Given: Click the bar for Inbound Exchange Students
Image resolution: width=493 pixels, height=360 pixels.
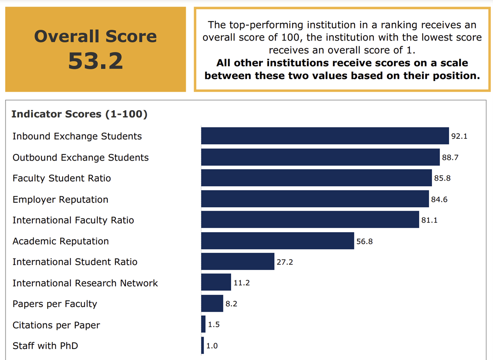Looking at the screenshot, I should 325,136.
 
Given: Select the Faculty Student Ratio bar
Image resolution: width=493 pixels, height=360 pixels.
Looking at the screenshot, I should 316,178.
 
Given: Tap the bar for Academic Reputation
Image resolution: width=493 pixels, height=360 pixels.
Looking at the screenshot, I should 277,241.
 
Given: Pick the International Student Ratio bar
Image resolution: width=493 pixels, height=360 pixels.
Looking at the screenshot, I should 237,262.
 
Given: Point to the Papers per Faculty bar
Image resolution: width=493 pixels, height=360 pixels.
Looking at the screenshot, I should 212,304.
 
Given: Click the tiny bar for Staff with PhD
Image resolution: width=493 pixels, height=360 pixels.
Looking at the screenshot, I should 202,346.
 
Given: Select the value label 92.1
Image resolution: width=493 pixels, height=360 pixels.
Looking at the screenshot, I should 459,136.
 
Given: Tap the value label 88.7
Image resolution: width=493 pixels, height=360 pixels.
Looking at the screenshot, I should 450,158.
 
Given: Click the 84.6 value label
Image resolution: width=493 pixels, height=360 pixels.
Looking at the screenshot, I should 439,199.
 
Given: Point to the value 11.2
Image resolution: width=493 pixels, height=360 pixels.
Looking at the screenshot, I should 241,283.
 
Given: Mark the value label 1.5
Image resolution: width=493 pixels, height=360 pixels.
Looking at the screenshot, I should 214,325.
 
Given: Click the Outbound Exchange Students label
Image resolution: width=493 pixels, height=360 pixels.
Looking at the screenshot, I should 80,158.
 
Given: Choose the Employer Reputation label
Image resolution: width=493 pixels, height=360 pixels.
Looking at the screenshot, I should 60,199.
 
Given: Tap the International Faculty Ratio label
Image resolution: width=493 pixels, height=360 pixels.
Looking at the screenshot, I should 73,220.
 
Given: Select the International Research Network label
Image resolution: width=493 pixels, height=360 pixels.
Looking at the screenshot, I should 85,283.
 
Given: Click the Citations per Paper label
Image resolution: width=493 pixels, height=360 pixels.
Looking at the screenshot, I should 56,325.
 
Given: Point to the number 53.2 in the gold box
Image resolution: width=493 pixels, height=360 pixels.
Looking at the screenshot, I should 95,61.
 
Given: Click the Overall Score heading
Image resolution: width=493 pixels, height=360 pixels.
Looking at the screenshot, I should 95,36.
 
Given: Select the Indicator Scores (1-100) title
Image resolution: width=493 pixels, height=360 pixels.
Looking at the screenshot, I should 79,114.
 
